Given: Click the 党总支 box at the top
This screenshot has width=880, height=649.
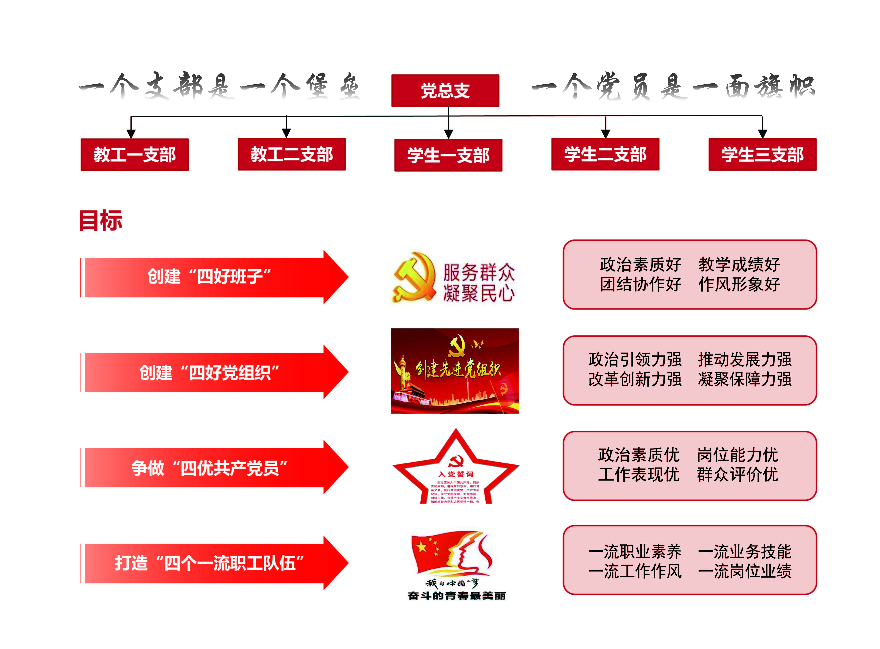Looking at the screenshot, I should (x=445, y=91).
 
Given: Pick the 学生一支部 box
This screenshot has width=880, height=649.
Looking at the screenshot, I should (x=448, y=155).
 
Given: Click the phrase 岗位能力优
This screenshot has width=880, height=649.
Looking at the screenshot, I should (x=737, y=455).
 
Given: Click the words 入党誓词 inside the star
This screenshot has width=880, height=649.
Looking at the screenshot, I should (x=456, y=474).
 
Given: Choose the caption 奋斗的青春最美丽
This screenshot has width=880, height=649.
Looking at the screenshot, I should (x=456, y=596).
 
